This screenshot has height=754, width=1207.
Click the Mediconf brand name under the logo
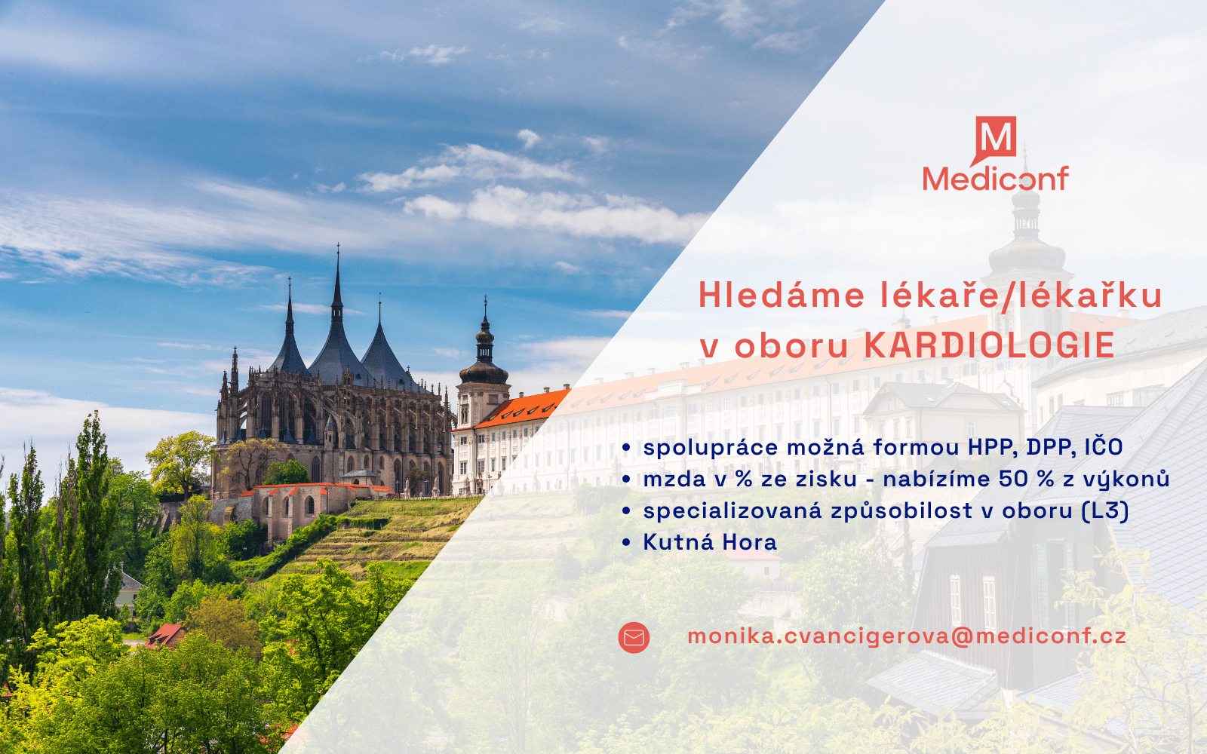[996, 179]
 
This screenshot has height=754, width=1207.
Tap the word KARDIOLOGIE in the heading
[989, 345]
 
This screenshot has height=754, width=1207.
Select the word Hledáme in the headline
[782, 295]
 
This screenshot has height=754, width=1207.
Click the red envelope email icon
[634, 638]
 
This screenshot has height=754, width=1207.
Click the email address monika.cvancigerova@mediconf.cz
[907, 636]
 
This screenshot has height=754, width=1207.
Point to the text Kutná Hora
[710, 542]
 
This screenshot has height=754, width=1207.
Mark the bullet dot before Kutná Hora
[626, 542]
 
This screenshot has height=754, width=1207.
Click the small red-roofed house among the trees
[165, 636]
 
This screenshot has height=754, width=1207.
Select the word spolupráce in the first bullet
[711, 448]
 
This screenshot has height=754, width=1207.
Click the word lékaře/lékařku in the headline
[1021, 295]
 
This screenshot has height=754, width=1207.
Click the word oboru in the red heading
[791, 346]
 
